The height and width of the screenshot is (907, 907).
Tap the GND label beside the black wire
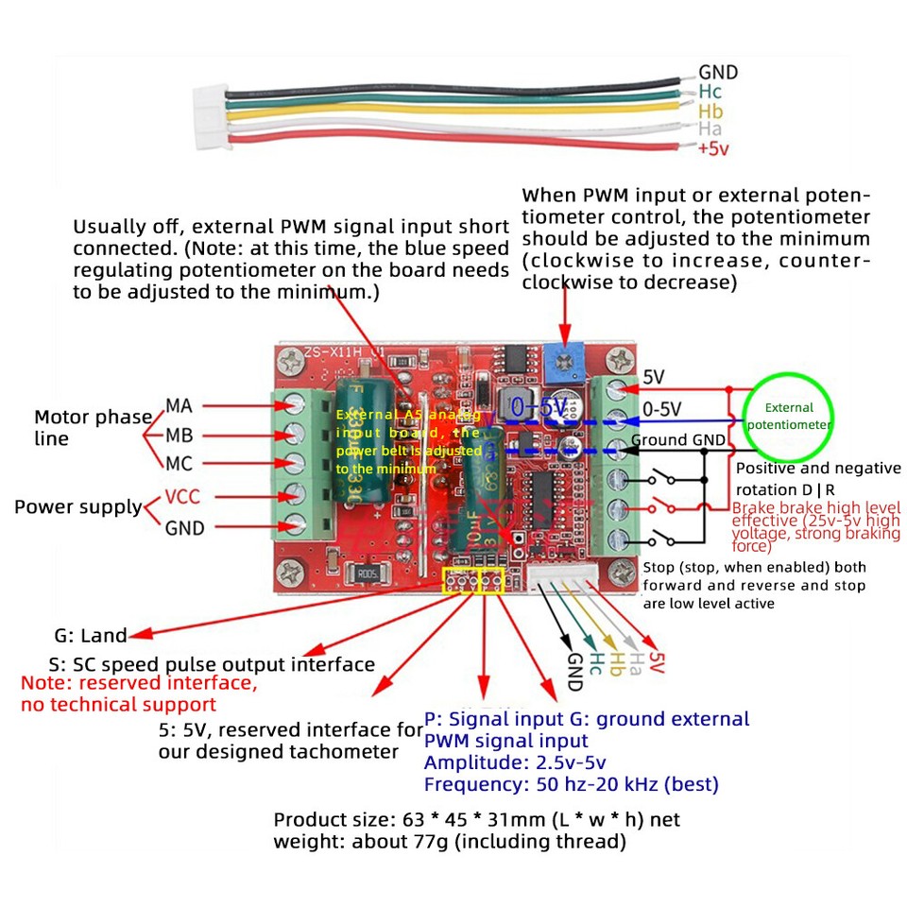click(718, 73)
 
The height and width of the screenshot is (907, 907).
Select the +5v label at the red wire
click(714, 149)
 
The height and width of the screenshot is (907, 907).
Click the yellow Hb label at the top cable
click(710, 111)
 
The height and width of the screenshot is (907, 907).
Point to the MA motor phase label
click(180, 406)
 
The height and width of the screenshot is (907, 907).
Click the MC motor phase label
click(180, 464)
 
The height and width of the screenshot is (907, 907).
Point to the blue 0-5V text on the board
click(539, 408)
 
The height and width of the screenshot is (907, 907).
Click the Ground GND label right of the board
click(678, 439)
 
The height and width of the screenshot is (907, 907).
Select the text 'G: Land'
click(90, 636)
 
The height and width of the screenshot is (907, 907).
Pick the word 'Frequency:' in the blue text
click(470, 784)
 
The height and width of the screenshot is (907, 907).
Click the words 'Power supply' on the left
click(77, 507)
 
